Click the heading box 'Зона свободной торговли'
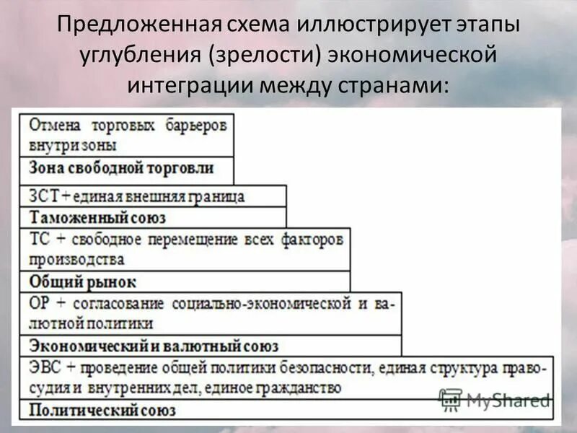(x=122, y=169)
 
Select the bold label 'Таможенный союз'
(x=97, y=217)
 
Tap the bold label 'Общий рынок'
(x=82, y=281)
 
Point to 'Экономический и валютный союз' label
(x=154, y=346)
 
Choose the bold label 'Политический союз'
(x=102, y=410)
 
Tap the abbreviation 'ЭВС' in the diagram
(x=45, y=368)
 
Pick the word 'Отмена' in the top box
(x=52, y=126)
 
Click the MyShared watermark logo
(x=494, y=399)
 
